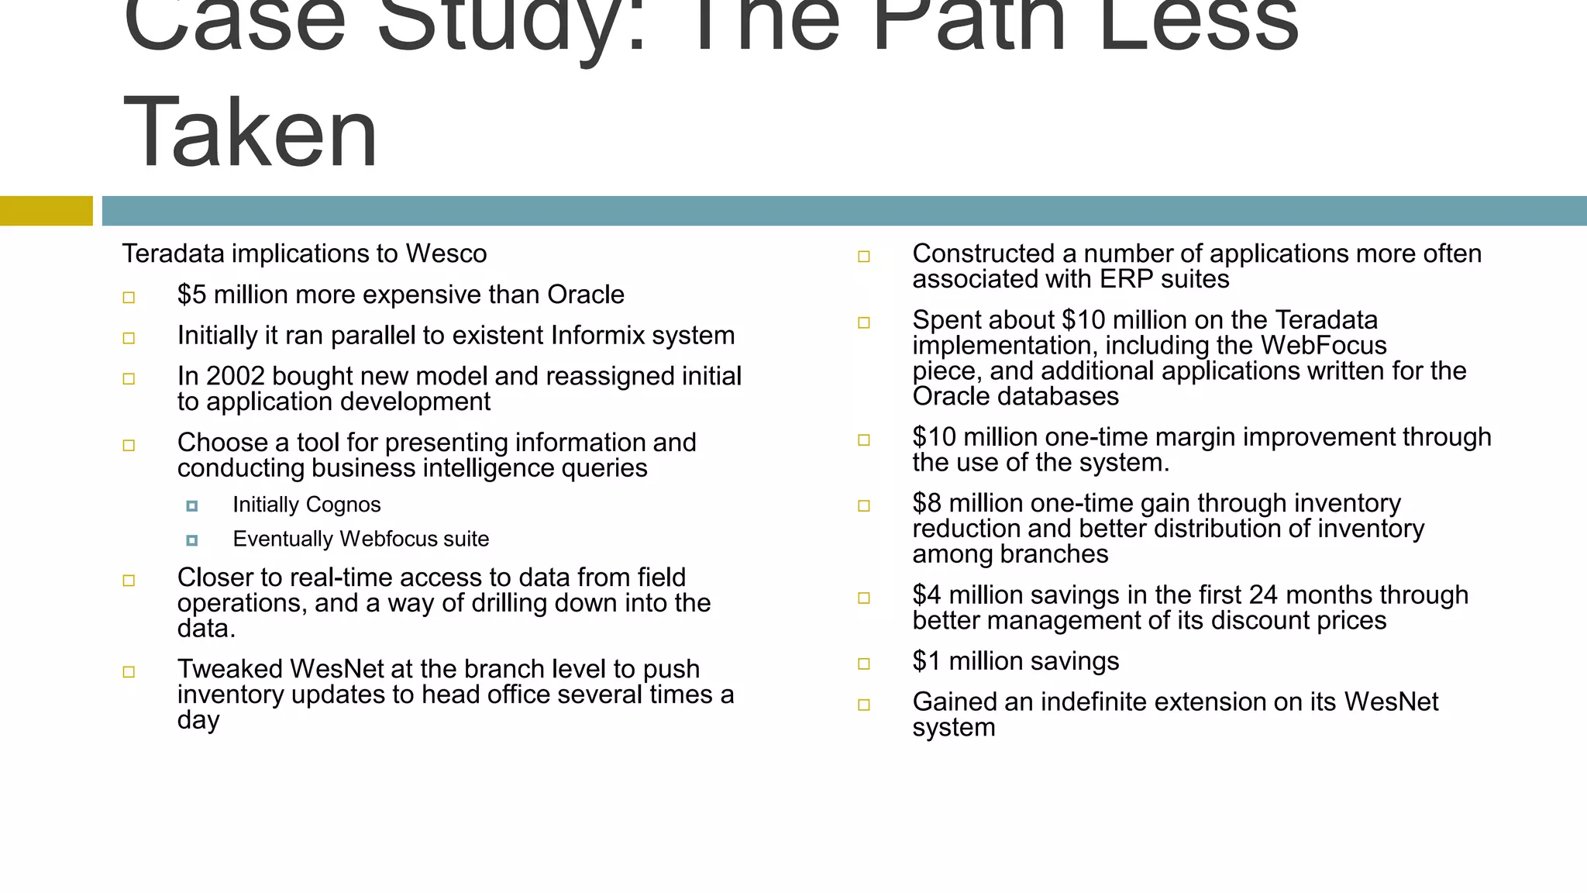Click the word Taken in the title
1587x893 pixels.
tap(250, 132)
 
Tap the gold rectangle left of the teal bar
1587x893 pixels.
tap(46, 211)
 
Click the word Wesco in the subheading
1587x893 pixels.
tap(446, 253)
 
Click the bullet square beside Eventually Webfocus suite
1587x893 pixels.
tap(192, 540)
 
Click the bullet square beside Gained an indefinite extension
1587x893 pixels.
tap(864, 705)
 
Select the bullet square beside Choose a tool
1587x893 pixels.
tap(129, 445)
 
